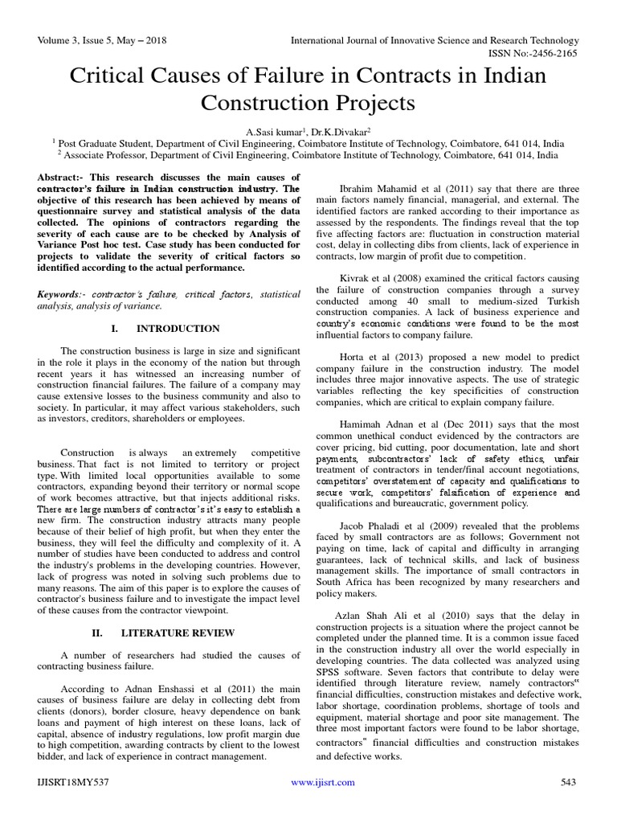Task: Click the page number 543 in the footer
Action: tap(569, 782)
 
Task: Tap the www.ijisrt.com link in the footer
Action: tap(313, 782)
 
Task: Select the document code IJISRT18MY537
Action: tap(73, 782)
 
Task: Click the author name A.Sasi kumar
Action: tap(272, 130)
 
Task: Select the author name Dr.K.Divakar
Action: tap(336, 130)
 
